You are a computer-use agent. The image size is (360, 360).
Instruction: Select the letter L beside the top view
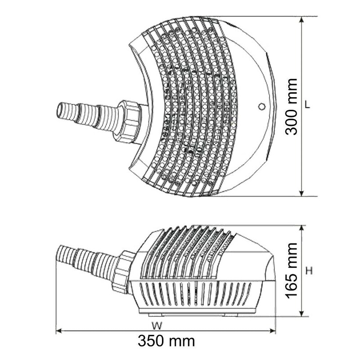[307, 104]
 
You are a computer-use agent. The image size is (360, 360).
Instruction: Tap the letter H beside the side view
[309, 271]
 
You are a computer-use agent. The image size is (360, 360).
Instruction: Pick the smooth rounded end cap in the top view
[254, 135]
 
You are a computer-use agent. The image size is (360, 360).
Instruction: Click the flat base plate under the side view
[198, 311]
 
